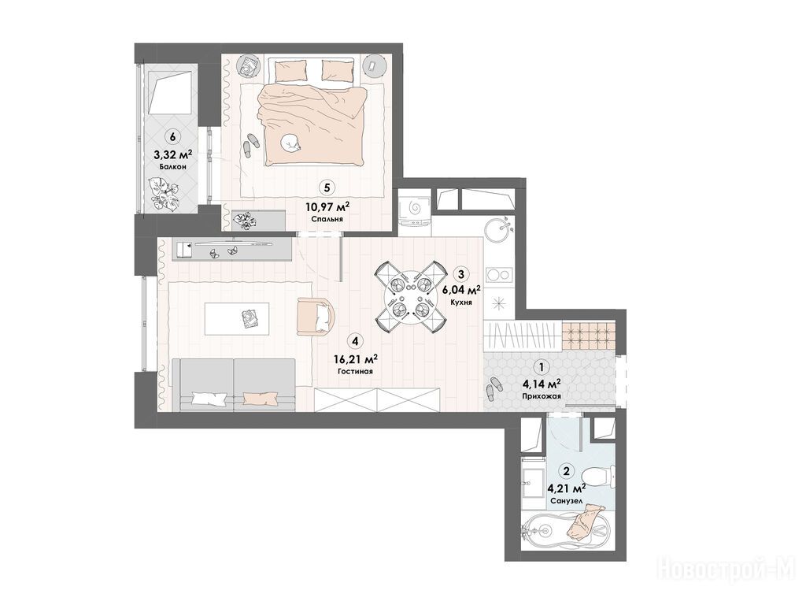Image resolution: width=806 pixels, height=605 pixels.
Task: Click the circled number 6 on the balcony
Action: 172,137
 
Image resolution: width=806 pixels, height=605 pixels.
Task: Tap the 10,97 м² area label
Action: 327,207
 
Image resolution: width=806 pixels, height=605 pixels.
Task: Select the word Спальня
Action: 327,219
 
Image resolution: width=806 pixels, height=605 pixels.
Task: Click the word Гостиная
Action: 355,371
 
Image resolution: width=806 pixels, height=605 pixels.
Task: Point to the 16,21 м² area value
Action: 357,358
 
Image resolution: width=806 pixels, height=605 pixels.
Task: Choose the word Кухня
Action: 460,302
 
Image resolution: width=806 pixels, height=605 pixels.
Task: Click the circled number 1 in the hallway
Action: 541,367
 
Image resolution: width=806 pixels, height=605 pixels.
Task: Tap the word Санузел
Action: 565,500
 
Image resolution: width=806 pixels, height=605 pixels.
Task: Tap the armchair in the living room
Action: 316,317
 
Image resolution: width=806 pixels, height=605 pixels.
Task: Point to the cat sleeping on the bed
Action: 291,143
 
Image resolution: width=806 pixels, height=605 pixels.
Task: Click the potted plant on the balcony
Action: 165,193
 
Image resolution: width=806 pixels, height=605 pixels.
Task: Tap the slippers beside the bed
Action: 250,145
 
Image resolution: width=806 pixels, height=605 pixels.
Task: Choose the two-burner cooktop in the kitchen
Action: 498,274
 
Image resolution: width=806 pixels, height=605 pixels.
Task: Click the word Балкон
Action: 172,167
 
